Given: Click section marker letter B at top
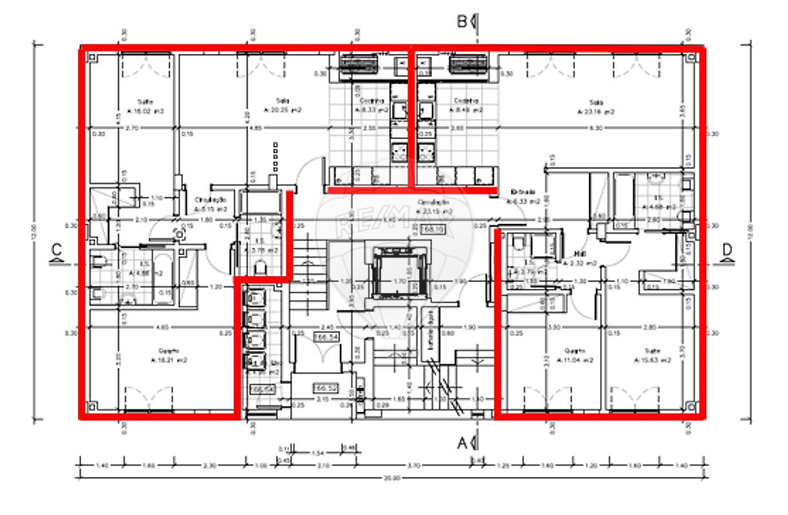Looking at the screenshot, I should (x=462, y=21).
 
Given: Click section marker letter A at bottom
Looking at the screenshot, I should (x=462, y=442).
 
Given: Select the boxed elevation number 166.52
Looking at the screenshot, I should (x=322, y=388).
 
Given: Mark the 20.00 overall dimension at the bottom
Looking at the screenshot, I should (x=393, y=478).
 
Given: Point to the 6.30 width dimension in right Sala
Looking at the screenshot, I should (x=596, y=128).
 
